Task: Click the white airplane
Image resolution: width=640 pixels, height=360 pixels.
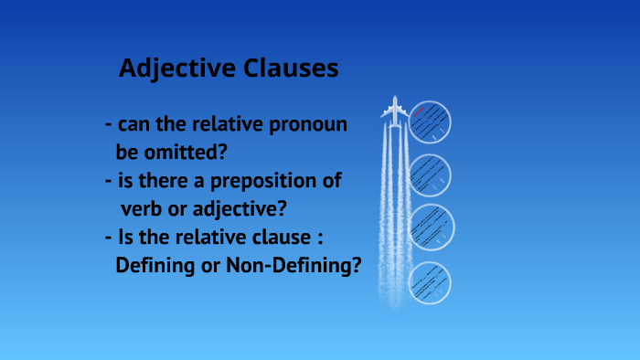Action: (x=395, y=111)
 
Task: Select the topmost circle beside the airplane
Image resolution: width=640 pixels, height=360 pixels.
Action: (x=429, y=122)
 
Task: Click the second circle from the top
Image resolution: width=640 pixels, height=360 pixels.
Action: (x=429, y=175)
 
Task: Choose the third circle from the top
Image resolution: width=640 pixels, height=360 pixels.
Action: (x=429, y=228)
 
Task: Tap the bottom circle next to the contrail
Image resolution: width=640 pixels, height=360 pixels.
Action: (x=429, y=282)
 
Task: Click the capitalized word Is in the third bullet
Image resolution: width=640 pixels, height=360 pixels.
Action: (x=126, y=238)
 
